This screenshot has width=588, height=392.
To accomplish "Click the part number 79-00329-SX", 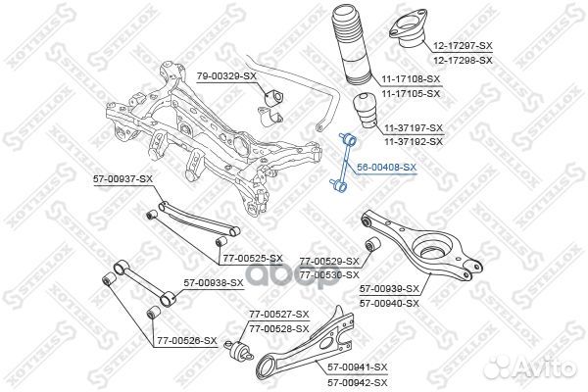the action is (x=226, y=76).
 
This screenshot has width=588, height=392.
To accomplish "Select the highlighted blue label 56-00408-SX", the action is (x=387, y=168).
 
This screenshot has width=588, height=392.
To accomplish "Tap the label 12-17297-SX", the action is (x=463, y=46).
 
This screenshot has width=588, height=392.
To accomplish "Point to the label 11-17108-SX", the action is (x=411, y=79).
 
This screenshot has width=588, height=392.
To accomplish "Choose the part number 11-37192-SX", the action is (x=414, y=142).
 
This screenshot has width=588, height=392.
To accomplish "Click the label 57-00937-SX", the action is (x=123, y=179).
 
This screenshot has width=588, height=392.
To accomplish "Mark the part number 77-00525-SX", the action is (x=253, y=259).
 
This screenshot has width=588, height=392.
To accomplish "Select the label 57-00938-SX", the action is (x=214, y=283).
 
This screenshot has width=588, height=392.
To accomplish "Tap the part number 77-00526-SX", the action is (x=187, y=341).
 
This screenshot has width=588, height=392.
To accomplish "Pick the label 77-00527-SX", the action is (x=279, y=314).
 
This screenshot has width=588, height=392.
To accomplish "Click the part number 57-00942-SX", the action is (x=358, y=382).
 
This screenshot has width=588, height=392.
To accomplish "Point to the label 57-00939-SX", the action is (x=389, y=289).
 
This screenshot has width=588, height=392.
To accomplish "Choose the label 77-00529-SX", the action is (x=329, y=261).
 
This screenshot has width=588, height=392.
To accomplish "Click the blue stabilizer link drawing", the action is (x=344, y=164).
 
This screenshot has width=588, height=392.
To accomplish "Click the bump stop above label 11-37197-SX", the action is (x=366, y=112).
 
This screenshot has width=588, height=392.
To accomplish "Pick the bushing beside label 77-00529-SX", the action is (x=373, y=245).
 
